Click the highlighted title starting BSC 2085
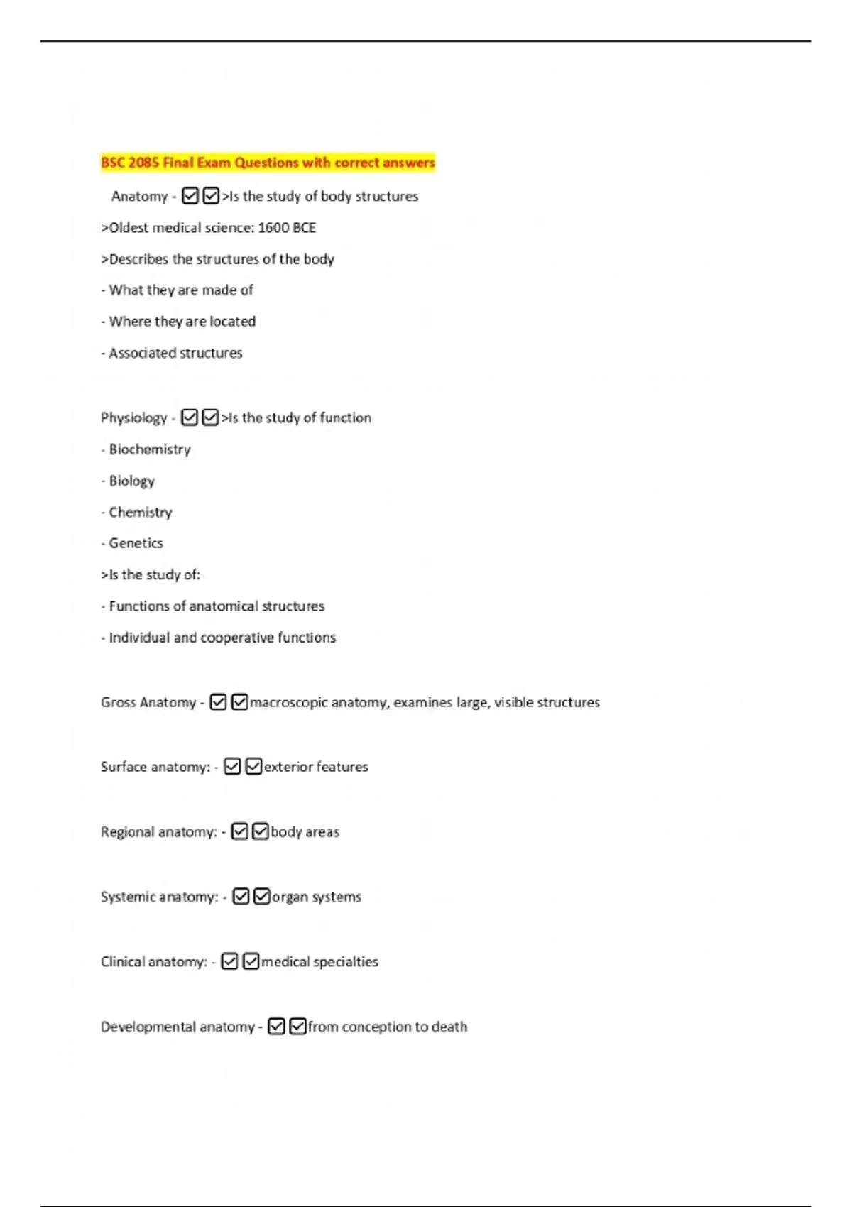(268, 163)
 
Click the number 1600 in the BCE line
(273, 228)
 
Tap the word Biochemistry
(150, 449)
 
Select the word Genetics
(136, 543)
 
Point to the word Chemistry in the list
(141, 512)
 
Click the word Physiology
(133, 417)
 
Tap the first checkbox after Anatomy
(190, 196)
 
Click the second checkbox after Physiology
(210, 417)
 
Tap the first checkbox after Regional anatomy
(240, 831)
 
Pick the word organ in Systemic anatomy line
(290, 897)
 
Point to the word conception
(376, 1027)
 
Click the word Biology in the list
(131, 481)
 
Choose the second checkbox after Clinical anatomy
(251, 961)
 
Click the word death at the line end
(449, 1027)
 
